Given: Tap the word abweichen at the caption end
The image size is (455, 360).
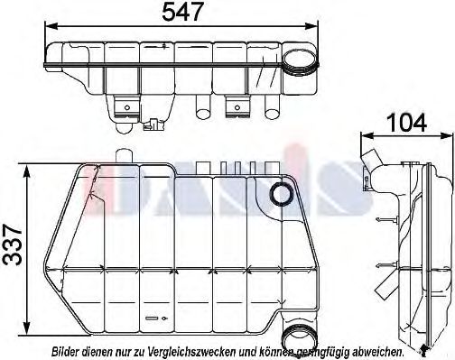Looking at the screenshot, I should coord(374,350).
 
